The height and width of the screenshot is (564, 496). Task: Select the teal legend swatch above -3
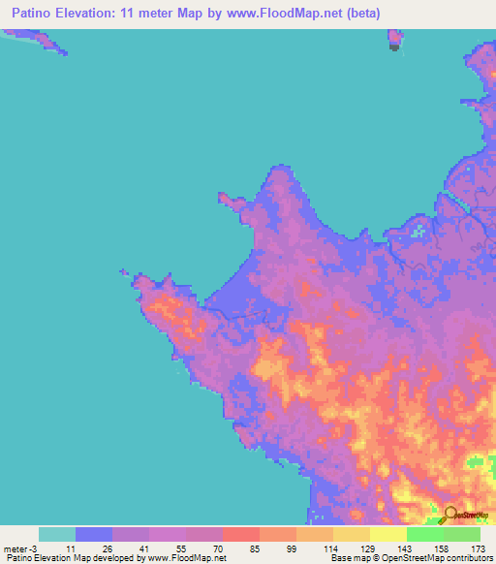[x=57, y=534]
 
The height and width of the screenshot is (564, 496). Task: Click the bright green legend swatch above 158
[x=425, y=534]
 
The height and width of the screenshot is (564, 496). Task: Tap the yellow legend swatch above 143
[x=388, y=534]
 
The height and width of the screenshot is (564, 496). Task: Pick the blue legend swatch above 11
[x=94, y=534]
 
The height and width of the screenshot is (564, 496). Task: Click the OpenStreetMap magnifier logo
[x=450, y=515]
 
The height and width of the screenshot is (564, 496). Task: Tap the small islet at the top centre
[x=395, y=40]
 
